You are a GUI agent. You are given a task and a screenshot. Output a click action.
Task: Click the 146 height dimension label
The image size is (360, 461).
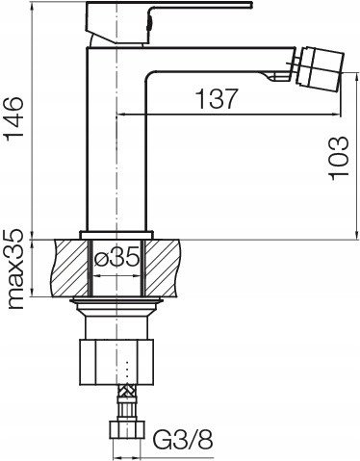click(x=13, y=116)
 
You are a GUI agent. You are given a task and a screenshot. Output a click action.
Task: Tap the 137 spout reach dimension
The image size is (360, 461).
click(x=217, y=98)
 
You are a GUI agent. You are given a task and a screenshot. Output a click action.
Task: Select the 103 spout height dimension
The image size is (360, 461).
click(x=338, y=159)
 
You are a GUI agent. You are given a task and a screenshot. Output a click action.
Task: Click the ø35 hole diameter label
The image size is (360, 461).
click(x=117, y=257)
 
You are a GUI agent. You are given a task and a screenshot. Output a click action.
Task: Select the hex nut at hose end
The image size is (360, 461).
click(x=127, y=429)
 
